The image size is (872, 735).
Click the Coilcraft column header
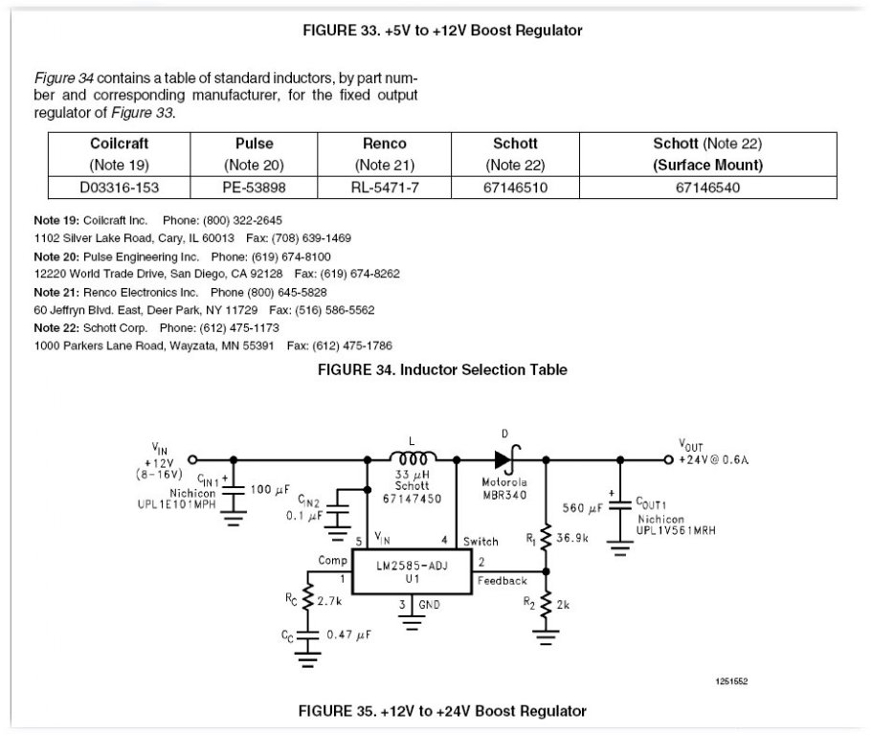[x=120, y=144]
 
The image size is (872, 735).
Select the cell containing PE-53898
[x=253, y=188]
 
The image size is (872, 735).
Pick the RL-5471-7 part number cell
[x=385, y=188]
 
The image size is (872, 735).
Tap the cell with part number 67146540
[x=706, y=188]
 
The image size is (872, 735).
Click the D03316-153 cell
[x=120, y=188]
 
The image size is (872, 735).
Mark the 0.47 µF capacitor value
[x=349, y=635]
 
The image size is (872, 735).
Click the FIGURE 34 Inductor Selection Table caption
[x=441, y=369]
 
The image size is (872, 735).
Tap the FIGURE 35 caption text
[x=441, y=710]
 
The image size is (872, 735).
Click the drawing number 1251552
[x=731, y=680]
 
